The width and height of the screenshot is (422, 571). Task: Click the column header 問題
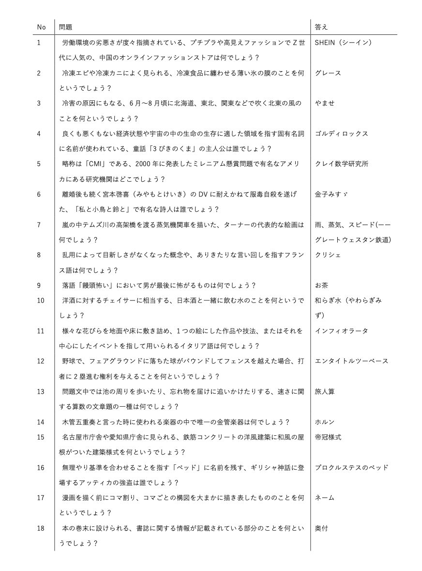pyautogui.click(x=66, y=27)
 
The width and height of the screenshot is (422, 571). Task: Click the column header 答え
pyautogui.click(x=321, y=27)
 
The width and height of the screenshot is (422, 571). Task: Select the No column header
pyautogui.click(x=41, y=27)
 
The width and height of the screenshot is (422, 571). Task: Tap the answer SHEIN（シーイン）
pyautogui.click(x=343, y=43)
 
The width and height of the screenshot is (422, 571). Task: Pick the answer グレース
pyautogui.click(x=328, y=73)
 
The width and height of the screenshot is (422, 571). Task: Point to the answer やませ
pyautogui.click(x=325, y=103)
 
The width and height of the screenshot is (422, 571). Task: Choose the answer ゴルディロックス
pyautogui.click(x=341, y=134)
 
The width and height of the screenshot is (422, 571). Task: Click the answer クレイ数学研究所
pyautogui.click(x=341, y=164)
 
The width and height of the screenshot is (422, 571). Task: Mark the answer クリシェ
pyautogui.click(x=328, y=255)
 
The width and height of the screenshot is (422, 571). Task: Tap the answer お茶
pyautogui.click(x=321, y=285)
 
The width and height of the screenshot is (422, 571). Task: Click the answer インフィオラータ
pyautogui.click(x=341, y=331)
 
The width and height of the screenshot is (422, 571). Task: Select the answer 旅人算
pyautogui.click(x=325, y=392)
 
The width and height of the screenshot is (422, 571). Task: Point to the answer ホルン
pyautogui.click(x=325, y=422)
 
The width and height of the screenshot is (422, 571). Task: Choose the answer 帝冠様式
pyautogui.click(x=328, y=437)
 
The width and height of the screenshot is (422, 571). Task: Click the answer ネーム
pyautogui.click(x=325, y=498)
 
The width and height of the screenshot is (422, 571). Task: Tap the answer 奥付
pyautogui.click(x=321, y=528)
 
